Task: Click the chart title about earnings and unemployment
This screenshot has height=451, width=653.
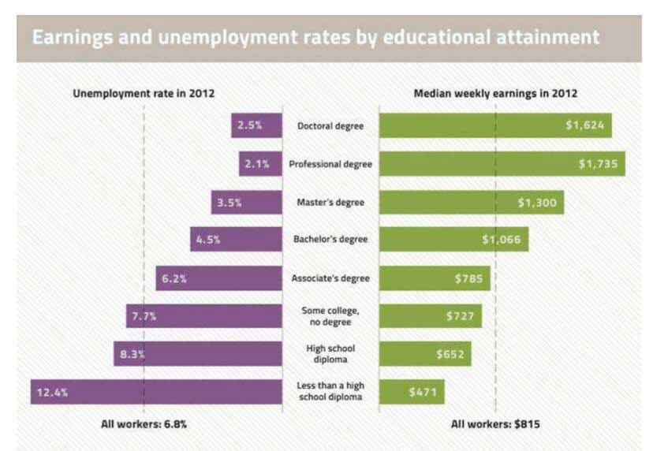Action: pyautogui.click(x=315, y=37)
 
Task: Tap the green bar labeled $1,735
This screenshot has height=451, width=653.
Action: pyautogui.click(x=502, y=164)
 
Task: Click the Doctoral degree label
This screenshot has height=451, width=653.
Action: pyautogui.click(x=330, y=126)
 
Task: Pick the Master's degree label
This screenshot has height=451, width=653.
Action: pyautogui.click(x=330, y=203)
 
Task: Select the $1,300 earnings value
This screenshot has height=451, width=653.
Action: pyautogui.click(x=537, y=203)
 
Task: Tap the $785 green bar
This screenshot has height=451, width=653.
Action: pyautogui.click(x=435, y=278)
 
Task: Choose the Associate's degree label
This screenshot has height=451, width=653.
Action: pyautogui.click(x=330, y=278)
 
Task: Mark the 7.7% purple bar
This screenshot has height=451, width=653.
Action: pyautogui.click(x=203, y=316)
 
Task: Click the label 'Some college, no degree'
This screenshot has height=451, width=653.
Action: pyautogui.click(x=330, y=316)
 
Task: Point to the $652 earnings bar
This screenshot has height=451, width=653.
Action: pyautogui.click(x=425, y=354)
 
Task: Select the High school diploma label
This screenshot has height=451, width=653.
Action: pyautogui.click(x=330, y=354)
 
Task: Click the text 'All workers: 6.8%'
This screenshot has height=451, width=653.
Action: pyautogui.click(x=144, y=424)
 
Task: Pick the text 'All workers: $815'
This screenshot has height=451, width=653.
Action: pyautogui.click(x=495, y=424)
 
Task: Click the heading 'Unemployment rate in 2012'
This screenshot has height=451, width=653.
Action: pyautogui.click(x=144, y=93)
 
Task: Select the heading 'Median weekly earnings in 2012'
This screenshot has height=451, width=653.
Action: pyautogui.click(x=495, y=93)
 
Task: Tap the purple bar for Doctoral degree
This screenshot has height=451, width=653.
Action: pyautogui.click(x=256, y=126)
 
